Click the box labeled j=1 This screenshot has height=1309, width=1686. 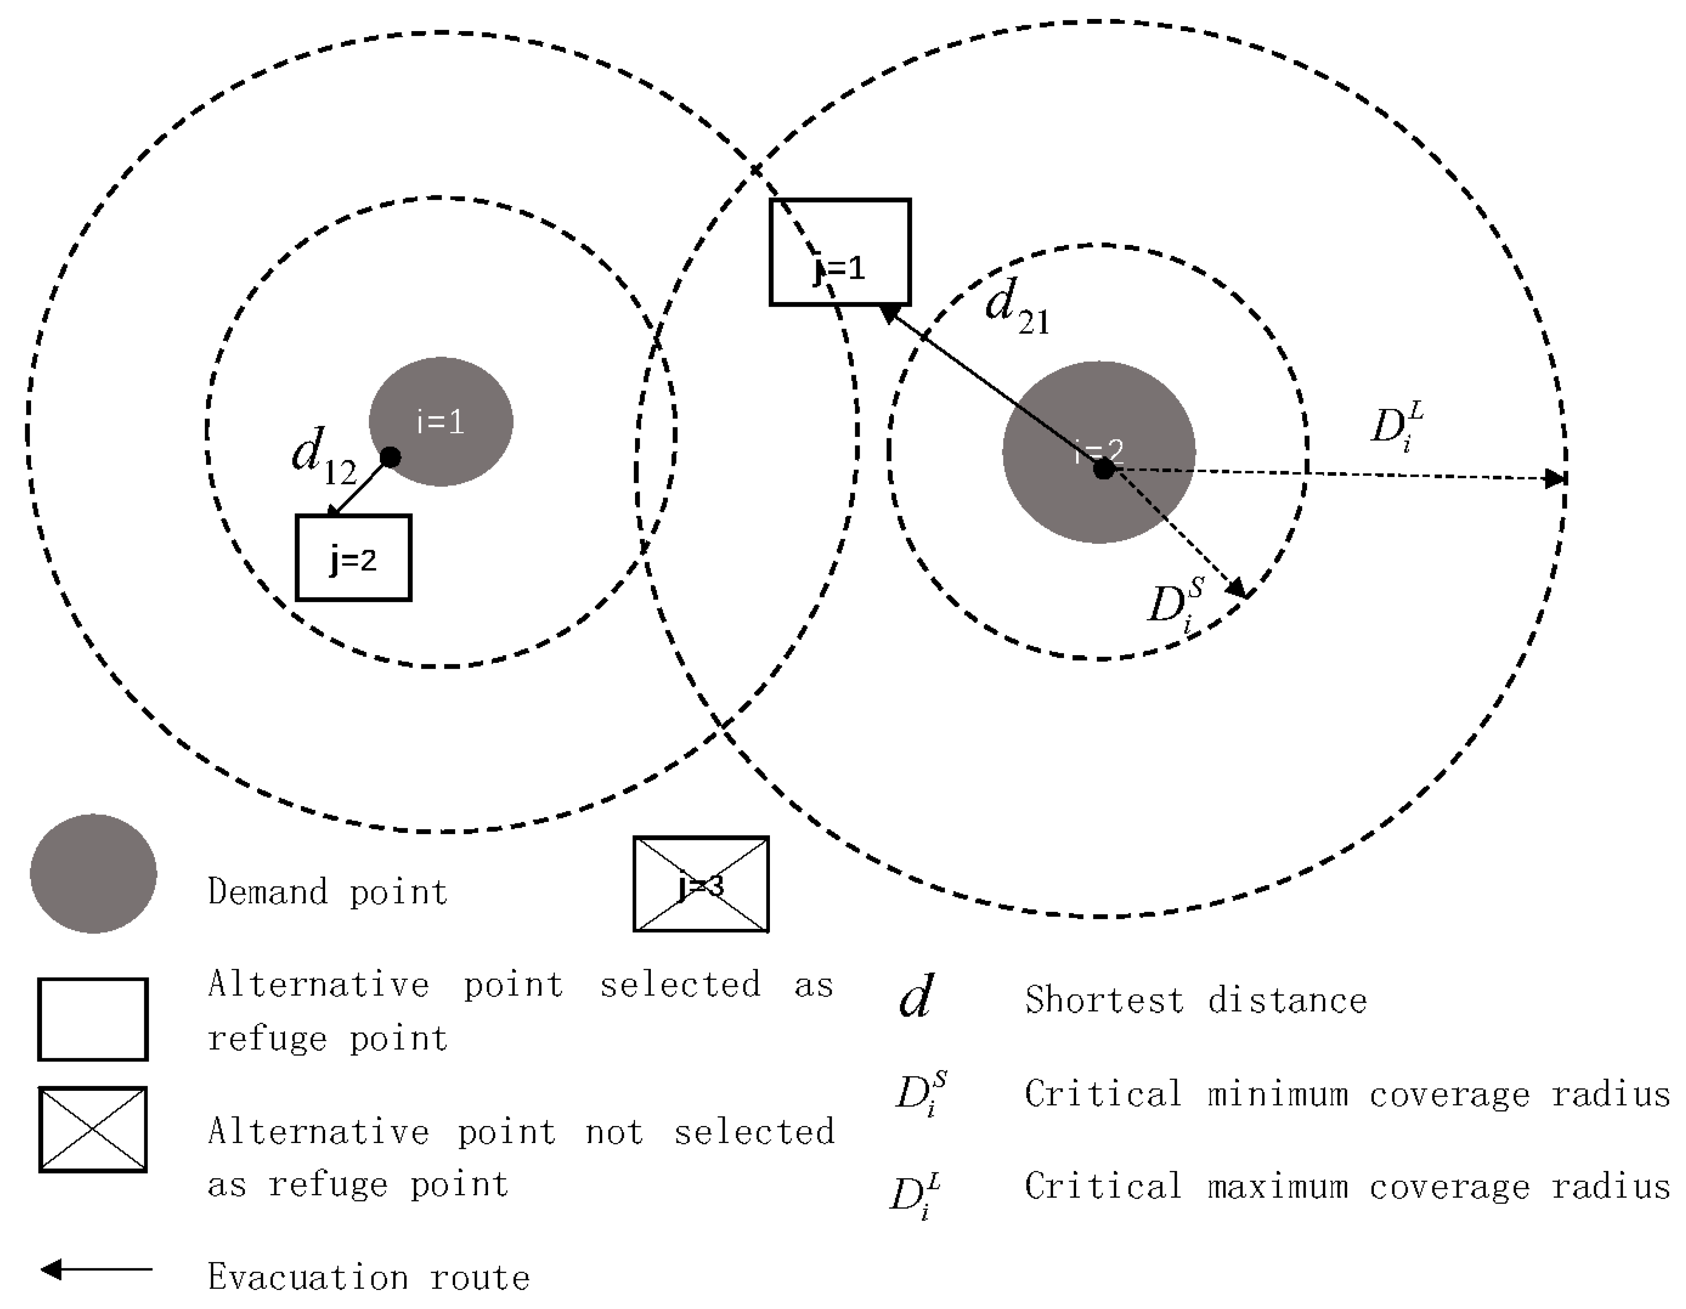click(840, 253)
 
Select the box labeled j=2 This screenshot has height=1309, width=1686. click(354, 557)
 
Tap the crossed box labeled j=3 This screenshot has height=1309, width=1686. click(701, 885)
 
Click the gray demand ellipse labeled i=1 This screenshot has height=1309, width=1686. click(441, 422)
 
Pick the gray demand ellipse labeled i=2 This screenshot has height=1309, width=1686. click(1099, 452)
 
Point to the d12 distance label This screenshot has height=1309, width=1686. click(322, 457)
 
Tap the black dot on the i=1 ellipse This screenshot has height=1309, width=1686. click(391, 457)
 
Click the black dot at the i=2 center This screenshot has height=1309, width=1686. click(1104, 468)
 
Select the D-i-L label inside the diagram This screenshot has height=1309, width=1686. click(1396, 427)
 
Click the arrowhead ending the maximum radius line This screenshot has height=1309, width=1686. click(1554, 478)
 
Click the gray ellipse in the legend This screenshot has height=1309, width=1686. click(93, 874)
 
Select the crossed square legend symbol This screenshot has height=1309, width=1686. click(93, 1129)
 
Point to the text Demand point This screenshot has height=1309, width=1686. click(328, 892)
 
